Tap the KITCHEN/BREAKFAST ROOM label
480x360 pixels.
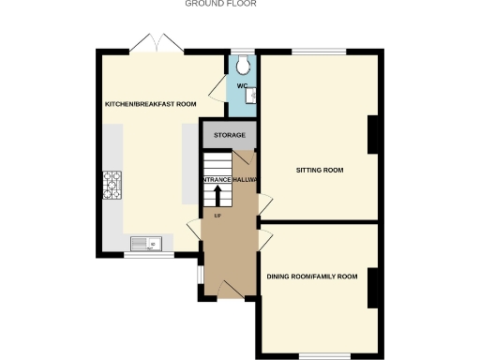[x=150, y=104]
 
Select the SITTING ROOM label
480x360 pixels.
[x=320, y=171]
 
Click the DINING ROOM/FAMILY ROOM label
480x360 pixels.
[x=312, y=277]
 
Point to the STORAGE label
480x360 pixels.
[x=230, y=136]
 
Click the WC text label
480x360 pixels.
[x=242, y=86]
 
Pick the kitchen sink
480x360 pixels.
[x=145, y=245]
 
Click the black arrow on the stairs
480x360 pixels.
[x=217, y=196]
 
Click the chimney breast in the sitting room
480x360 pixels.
[x=373, y=136]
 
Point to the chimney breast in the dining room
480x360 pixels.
[x=373, y=287]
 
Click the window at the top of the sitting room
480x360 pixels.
[x=319, y=51]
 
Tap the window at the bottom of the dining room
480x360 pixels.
[x=324, y=354]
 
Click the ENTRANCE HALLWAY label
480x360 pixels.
[x=230, y=179]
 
